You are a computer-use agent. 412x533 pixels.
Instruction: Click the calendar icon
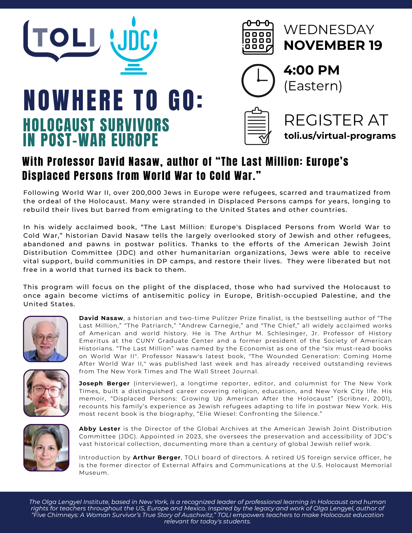258,38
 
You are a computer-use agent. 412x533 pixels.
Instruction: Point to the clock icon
258,80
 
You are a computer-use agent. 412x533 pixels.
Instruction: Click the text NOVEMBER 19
333,45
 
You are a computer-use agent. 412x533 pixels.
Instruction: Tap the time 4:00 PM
311,70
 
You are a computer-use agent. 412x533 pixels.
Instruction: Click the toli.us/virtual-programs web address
340,136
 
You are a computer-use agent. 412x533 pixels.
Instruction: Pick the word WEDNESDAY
329,30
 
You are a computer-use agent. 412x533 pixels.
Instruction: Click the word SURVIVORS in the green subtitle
134,125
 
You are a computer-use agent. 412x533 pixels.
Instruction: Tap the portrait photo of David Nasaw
46,339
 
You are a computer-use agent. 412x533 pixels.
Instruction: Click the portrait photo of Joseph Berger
46,393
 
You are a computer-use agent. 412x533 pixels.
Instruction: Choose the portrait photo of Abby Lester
46,447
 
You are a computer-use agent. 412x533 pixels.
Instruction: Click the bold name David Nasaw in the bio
101,318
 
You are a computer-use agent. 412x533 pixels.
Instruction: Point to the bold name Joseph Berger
104,383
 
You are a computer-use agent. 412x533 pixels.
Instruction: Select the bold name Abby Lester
100,429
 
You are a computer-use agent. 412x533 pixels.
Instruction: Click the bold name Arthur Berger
157,458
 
